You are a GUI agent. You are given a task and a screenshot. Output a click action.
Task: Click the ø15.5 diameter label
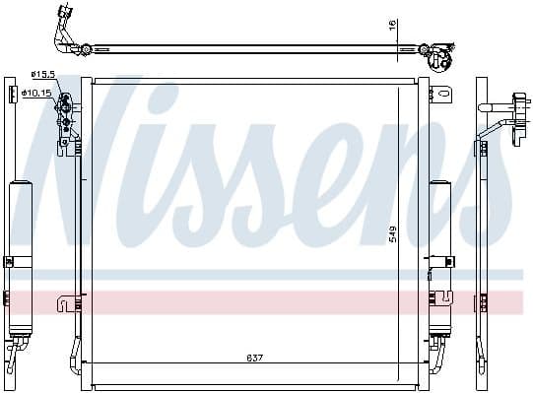click(x=44, y=74)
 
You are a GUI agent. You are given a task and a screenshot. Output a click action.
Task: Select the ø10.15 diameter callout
click(x=39, y=93)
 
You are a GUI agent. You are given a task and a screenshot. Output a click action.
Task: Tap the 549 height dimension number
click(x=391, y=234)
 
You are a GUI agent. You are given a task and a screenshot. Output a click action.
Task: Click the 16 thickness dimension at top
click(x=391, y=25)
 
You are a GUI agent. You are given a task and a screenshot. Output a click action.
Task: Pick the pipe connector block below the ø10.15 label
click(x=67, y=113)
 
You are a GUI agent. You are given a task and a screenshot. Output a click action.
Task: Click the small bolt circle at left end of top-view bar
click(x=87, y=47)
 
